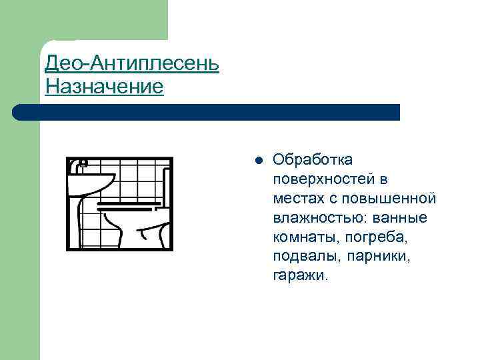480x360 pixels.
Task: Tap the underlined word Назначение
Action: (x=104, y=87)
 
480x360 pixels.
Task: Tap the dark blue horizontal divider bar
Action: (x=207, y=112)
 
